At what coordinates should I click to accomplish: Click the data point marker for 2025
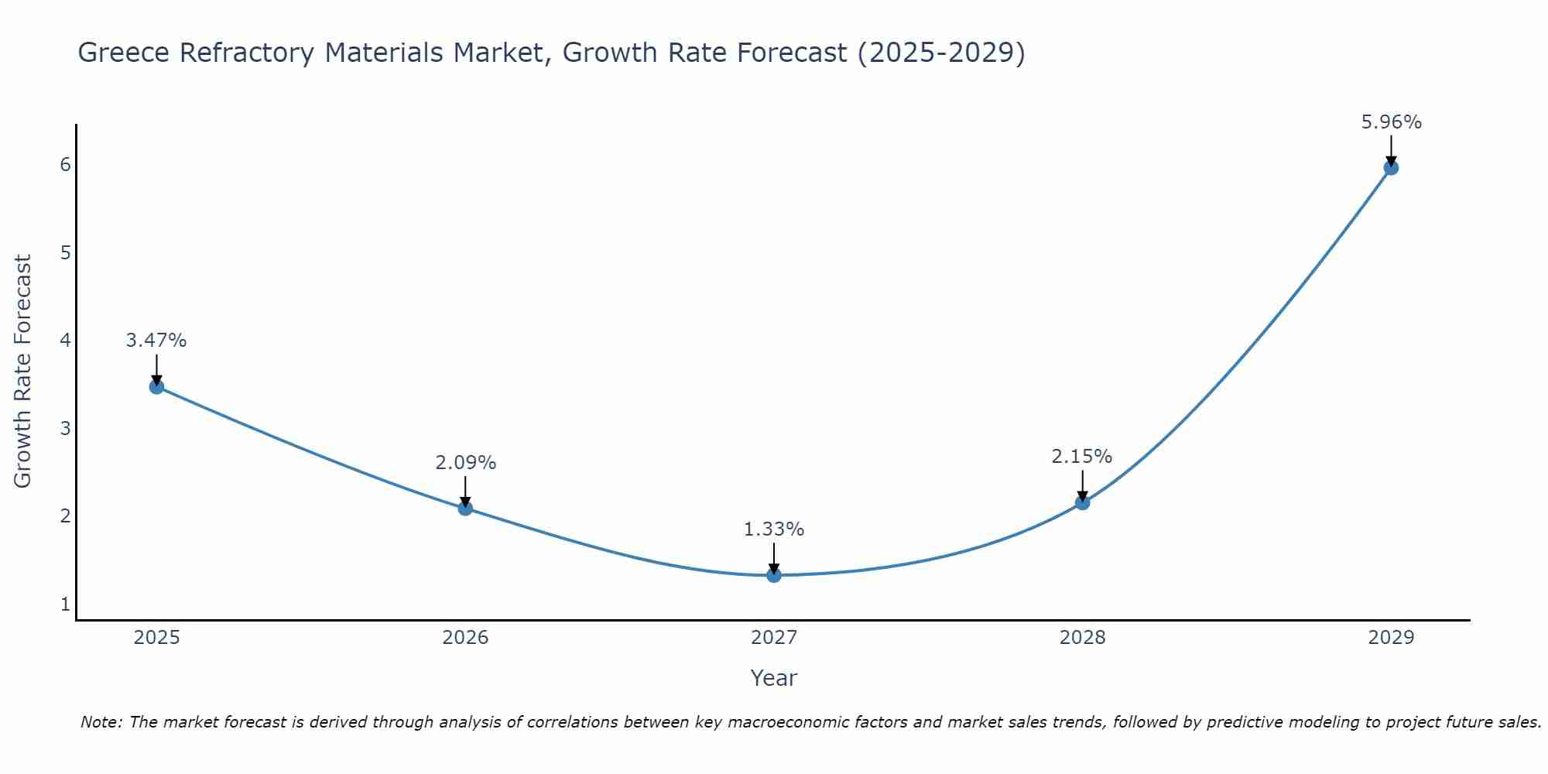point(156,386)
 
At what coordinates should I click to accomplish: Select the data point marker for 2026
point(465,508)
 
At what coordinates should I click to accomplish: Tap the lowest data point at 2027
point(773,574)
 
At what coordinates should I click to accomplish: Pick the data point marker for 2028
point(1082,502)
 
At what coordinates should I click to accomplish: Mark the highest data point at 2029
point(1391,167)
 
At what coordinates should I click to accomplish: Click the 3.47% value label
point(156,341)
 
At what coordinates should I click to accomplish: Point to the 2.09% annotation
point(465,463)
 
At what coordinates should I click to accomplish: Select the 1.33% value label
point(773,529)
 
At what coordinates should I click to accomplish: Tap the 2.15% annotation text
point(1081,457)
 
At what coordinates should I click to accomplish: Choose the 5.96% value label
point(1391,122)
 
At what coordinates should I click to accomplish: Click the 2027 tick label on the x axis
point(773,638)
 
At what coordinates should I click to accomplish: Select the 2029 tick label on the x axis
point(1391,638)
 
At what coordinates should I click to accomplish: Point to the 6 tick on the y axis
point(65,164)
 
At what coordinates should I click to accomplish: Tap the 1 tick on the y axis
point(65,604)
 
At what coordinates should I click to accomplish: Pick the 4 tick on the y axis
point(65,340)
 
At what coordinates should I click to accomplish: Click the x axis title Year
point(773,678)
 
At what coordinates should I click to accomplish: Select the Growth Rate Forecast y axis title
point(23,372)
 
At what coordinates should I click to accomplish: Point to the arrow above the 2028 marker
point(1082,485)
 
